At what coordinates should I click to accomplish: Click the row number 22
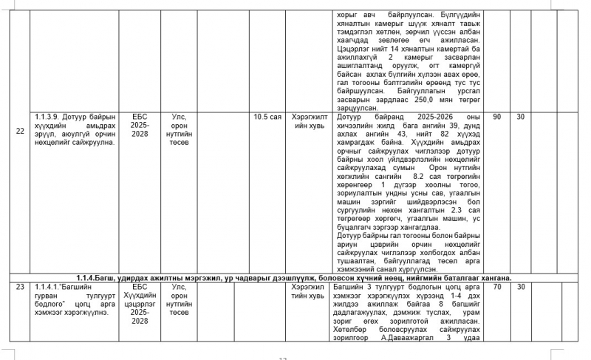click(x=20, y=131)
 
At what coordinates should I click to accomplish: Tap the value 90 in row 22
click(x=496, y=117)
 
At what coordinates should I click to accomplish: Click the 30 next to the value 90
click(x=520, y=117)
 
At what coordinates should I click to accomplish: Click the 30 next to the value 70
click(x=520, y=285)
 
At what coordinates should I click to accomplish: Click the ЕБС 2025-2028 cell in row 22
click(x=140, y=126)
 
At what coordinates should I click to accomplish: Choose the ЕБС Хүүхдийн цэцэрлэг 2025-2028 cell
click(x=140, y=303)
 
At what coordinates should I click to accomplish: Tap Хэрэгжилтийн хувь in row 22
click(x=308, y=121)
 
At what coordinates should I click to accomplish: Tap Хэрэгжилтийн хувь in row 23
click(x=308, y=290)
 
